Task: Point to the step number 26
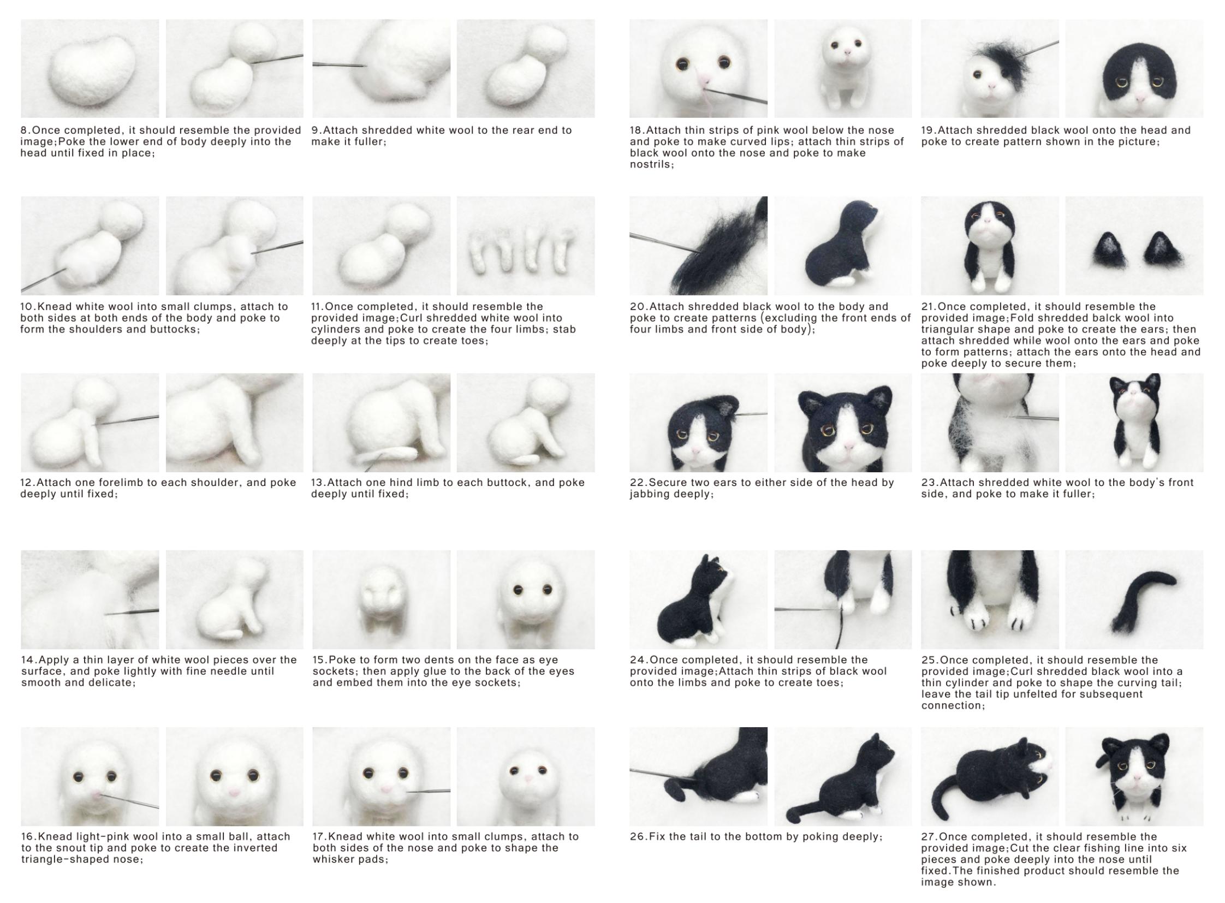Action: point(638,837)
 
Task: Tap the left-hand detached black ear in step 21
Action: point(1110,250)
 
